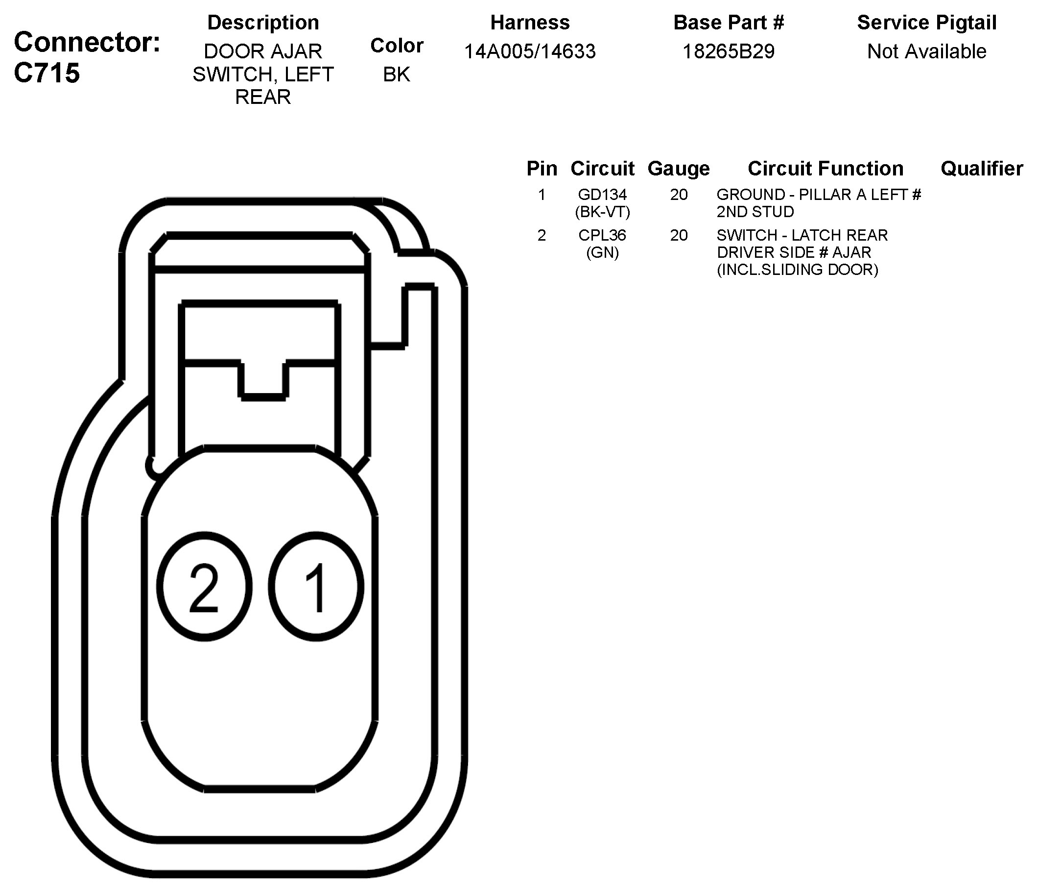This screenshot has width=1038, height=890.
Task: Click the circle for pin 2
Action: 204,587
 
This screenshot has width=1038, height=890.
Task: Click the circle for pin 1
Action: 316,587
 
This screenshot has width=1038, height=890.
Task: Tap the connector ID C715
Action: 47,73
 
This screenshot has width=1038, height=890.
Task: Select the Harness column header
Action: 530,23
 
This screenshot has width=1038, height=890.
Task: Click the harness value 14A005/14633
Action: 530,51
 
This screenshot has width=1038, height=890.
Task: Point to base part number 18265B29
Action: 729,51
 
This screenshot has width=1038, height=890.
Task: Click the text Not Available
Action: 926,51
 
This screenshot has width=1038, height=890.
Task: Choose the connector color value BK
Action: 396,74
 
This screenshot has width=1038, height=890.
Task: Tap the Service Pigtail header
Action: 926,23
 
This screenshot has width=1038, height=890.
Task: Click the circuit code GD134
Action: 602,195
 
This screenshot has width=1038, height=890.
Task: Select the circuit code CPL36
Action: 602,235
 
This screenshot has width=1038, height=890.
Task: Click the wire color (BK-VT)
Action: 602,212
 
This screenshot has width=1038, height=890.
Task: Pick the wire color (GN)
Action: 602,252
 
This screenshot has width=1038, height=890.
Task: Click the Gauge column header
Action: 678,169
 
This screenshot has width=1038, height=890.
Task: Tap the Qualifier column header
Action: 981,169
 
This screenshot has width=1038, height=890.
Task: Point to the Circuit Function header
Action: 825,169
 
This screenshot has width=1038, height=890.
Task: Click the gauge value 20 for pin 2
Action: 678,235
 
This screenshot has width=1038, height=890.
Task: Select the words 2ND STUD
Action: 755,212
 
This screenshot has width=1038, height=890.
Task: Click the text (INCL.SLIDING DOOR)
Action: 798,270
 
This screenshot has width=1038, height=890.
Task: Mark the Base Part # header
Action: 729,23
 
